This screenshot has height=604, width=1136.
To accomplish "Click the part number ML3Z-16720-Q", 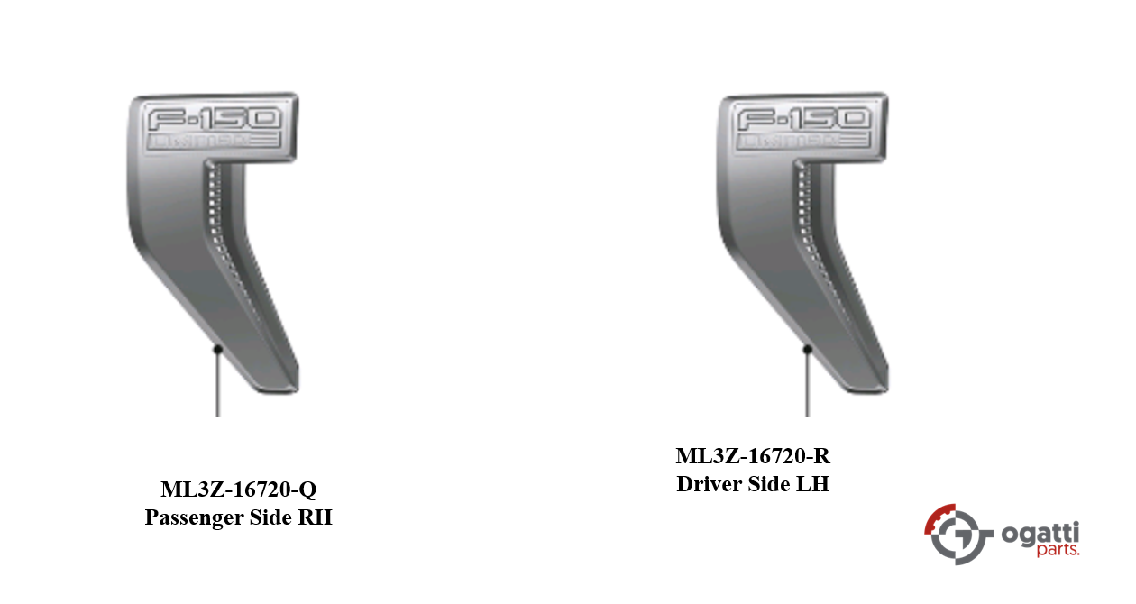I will pos(239,490).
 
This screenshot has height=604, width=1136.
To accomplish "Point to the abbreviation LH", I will pos(812,484).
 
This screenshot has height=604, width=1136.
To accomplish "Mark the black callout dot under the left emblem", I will pos(217,349).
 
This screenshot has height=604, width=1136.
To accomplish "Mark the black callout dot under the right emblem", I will pos(807,349).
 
